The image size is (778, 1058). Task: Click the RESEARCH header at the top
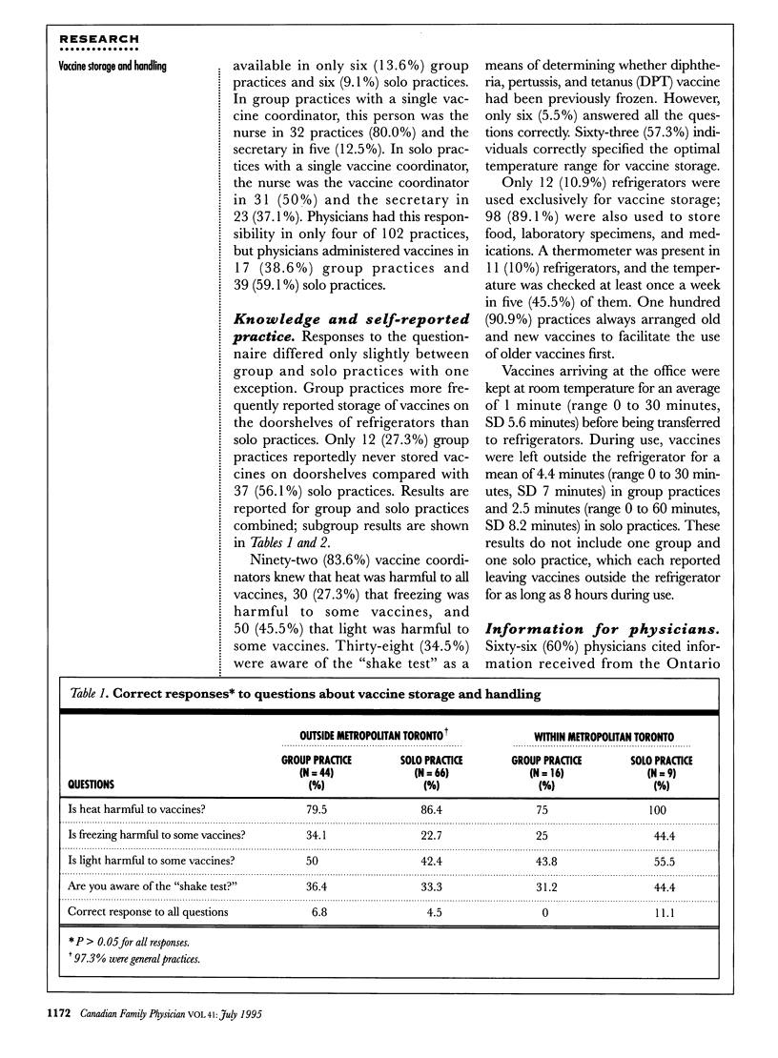point(99,39)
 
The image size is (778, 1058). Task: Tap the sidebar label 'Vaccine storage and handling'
point(113,65)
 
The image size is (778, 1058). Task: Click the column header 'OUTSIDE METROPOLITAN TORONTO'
point(356,737)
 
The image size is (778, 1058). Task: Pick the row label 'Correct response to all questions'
point(149,911)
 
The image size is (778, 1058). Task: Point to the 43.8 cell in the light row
point(545,862)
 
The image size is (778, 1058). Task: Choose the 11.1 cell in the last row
point(660,911)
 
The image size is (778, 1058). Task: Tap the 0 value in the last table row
point(545,911)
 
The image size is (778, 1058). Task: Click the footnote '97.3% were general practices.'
point(140,958)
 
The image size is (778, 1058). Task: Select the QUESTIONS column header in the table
point(91,784)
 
